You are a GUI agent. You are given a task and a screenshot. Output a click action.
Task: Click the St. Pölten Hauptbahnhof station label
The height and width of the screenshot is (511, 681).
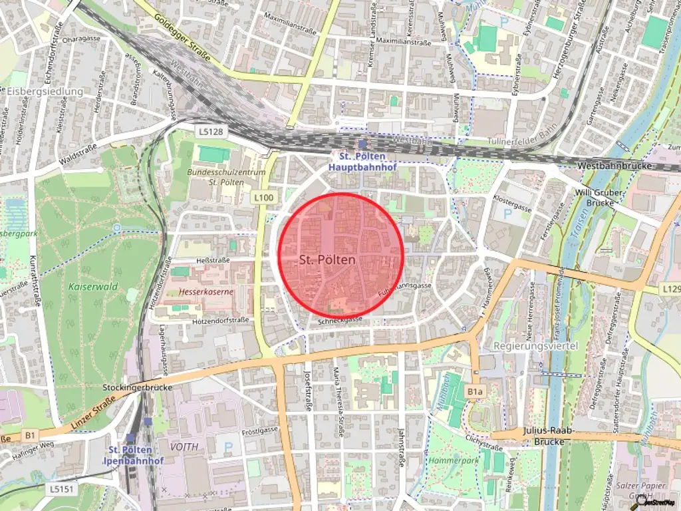pos(362,162)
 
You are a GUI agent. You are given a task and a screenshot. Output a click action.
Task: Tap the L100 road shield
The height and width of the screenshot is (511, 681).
pos(263,198)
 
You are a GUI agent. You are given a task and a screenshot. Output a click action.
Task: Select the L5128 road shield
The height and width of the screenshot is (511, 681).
pos(211,132)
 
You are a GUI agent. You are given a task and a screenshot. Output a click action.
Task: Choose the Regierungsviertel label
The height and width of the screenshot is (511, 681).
pos(537,346)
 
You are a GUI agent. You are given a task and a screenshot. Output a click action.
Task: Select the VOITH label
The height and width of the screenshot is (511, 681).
pos(184,446)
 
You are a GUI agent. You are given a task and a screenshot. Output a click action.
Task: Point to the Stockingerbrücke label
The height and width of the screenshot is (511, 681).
pos(138,387)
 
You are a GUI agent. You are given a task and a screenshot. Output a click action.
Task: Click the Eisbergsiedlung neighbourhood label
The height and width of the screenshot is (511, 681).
pos(45,91)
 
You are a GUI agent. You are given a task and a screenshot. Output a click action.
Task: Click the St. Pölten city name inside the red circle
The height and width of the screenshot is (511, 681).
pos(327,259)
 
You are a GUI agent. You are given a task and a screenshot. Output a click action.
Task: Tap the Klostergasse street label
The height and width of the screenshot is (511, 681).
pos(513,207)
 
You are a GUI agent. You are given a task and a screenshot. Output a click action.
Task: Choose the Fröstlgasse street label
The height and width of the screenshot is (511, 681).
pos(260,430)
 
